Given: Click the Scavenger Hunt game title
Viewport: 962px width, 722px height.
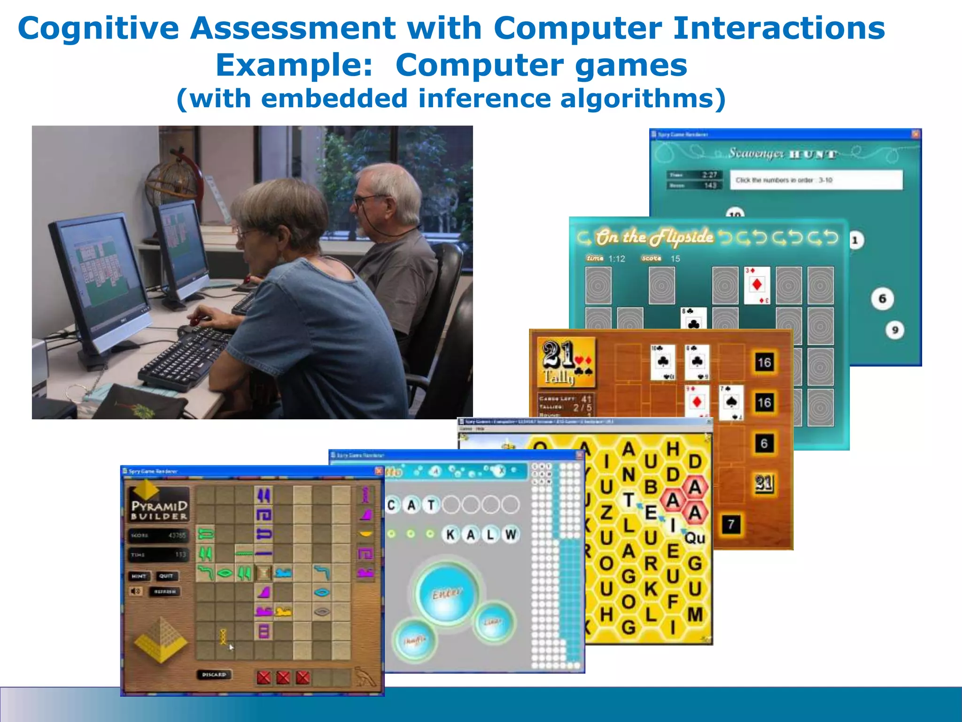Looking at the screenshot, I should pyautogui.click(x=782, y=154).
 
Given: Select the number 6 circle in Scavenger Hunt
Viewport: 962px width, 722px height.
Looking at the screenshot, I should pyautogui.click(x=882, y=299).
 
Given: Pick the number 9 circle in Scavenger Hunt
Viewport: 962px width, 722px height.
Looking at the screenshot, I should pyautogui.click(x=895, y=330).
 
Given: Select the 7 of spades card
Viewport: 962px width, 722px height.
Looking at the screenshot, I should pyautogui.click(x=731, y=402).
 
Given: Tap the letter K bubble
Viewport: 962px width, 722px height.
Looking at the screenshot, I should pyautogui.click(x=450, y=534).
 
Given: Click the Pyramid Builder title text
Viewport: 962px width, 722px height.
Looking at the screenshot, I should pyautogui.click(x=159, y=510).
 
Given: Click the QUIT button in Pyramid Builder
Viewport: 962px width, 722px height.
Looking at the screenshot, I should pyautogui.click(x=166, y=576).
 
